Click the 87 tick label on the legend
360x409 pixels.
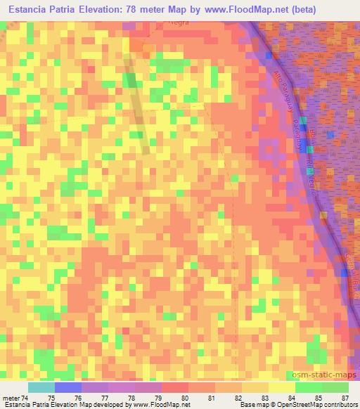coord(344,398)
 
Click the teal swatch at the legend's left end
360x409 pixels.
coord(41,387)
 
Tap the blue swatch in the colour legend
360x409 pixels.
coord(68,387)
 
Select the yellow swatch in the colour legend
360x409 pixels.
coord(281,387)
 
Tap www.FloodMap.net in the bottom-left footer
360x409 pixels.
coord(158,405)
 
